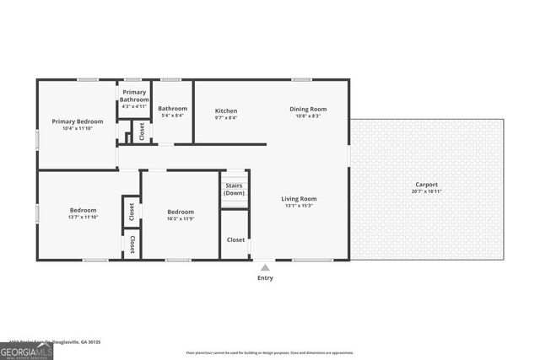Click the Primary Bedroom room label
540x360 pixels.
[77, 121]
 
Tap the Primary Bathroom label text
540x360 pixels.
[135, 95]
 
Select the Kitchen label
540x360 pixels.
[225, 110]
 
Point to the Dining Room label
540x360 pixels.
[307, 110]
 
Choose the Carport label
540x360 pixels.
[426, 185]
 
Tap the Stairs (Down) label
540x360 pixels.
[235, 189]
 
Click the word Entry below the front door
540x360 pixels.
[265, 277]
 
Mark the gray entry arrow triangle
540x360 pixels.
[265, 266]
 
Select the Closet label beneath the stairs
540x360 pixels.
[235, 239]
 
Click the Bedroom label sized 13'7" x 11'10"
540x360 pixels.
[83, 210]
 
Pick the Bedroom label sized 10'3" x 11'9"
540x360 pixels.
[181, 212]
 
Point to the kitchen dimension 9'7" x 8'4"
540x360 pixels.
[225, 118]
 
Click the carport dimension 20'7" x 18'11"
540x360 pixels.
[426, 191]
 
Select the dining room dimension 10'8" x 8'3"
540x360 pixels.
[307, 116]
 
